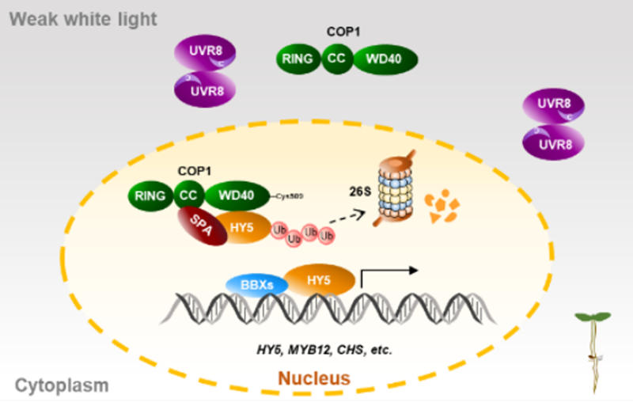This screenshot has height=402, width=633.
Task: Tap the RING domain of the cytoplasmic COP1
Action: tap(298, 58)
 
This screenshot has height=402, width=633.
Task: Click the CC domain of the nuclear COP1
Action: tap(188, 195)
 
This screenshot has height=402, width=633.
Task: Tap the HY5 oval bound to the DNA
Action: tap(317, 279)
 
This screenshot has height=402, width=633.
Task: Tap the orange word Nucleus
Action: tap(313, 378)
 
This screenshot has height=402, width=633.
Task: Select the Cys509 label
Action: tap(291, 194)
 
